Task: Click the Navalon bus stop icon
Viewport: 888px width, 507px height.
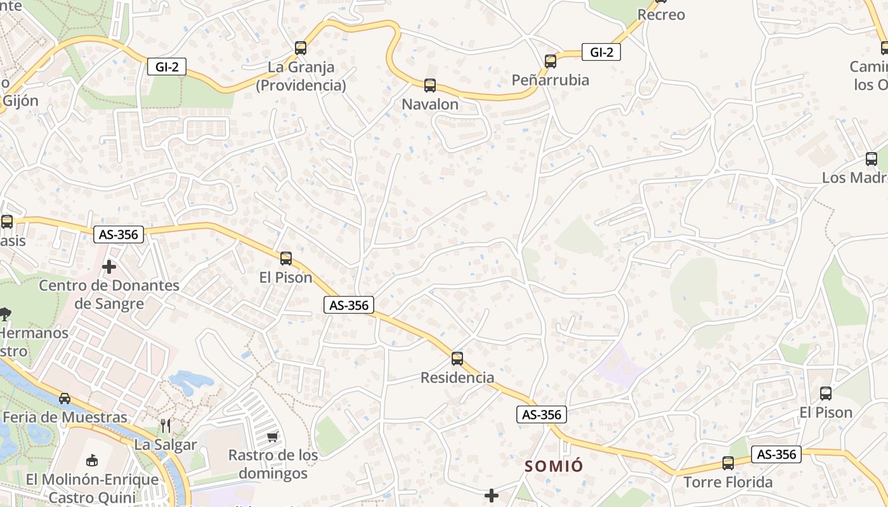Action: pos(430,86)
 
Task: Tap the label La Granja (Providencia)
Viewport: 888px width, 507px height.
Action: pos(301,76)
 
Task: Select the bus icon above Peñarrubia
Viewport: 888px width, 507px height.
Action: pos(551,61)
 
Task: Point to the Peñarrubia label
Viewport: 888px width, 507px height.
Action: pos(551,80)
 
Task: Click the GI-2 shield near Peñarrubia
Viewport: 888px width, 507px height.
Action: pos(601,52)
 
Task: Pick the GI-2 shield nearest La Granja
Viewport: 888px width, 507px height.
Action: pos(167,67)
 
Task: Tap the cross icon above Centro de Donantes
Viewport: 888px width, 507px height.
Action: pos(109,267)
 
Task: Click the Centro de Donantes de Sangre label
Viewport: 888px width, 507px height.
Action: pos(109,294)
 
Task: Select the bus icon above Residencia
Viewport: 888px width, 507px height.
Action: pos(457,359)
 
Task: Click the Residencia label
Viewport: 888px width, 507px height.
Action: pos(457,378)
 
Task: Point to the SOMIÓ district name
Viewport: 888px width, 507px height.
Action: pos(554,466)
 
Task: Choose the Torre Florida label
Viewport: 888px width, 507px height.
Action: pos(728,482)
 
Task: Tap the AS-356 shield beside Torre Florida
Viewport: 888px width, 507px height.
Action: pos(776,454)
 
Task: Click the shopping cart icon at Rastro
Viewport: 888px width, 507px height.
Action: pos(273,437)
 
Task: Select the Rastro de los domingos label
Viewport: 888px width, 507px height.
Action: pos(273,464)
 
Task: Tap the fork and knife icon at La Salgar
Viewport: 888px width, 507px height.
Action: pos(166,425)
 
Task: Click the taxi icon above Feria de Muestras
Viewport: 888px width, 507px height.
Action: pos(65,399)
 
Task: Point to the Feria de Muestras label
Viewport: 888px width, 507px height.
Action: pos(65,417)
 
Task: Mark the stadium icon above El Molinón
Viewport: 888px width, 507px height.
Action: pos(92,459)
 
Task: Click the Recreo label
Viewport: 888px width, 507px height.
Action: pos(661,15)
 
